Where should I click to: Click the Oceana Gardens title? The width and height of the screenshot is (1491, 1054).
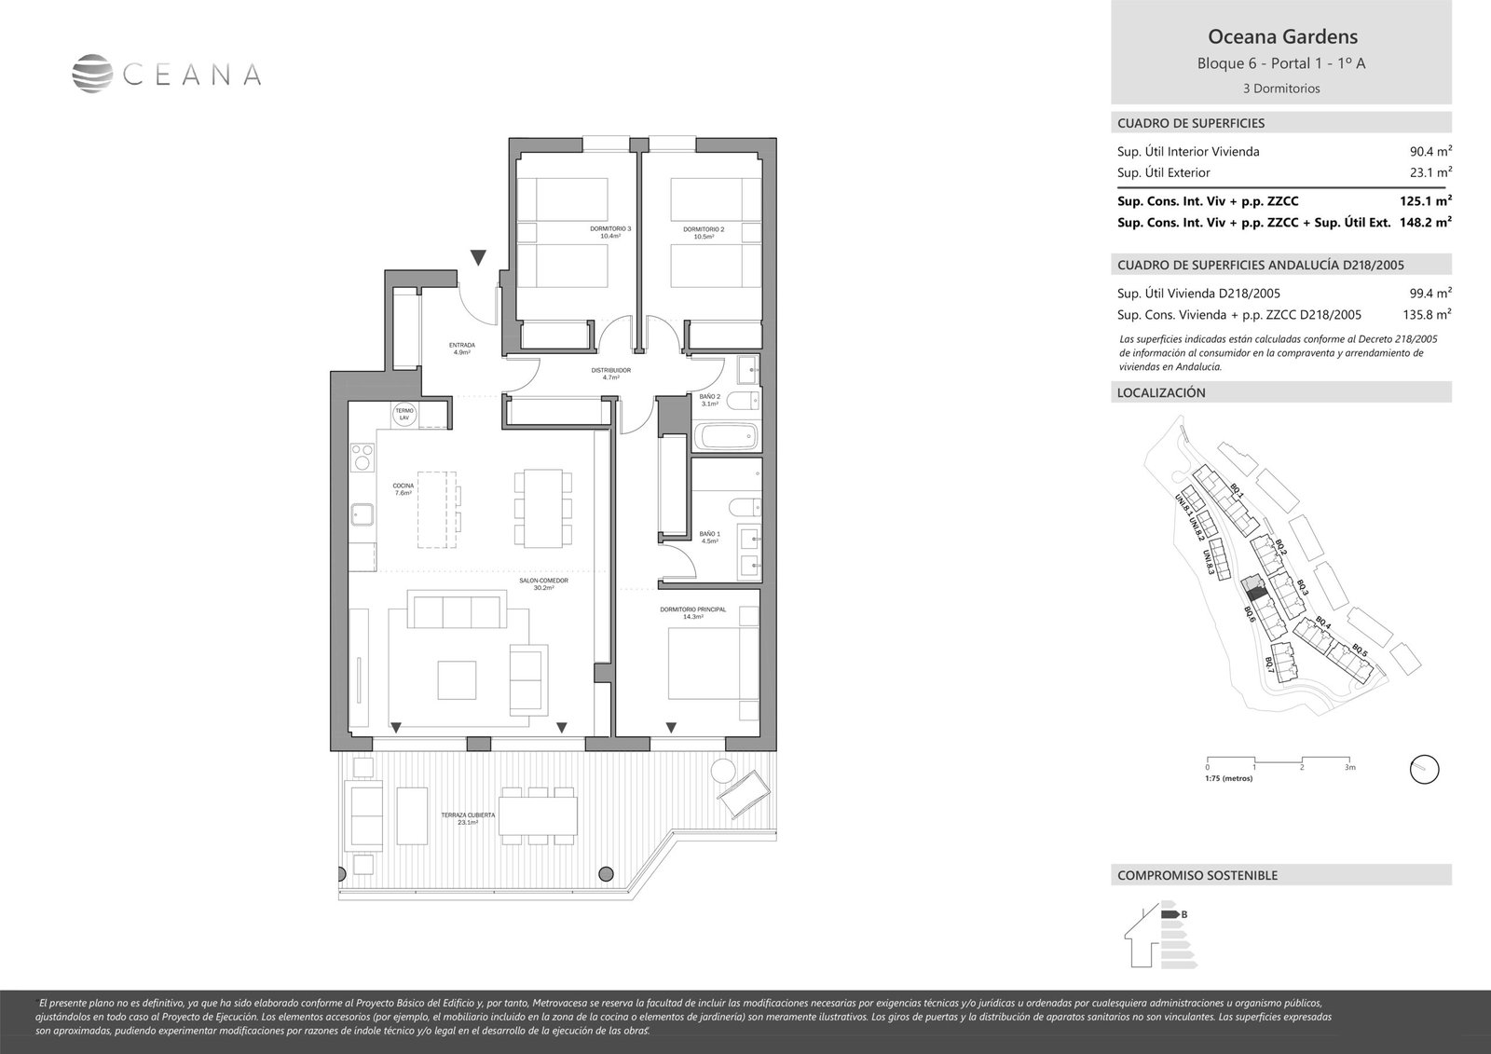tap(1281, 37)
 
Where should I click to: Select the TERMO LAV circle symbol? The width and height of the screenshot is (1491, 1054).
tap(404, 415)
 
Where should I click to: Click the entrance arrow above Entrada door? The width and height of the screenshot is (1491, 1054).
tap(478, 257)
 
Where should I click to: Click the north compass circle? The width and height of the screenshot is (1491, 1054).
tap(1425, 769)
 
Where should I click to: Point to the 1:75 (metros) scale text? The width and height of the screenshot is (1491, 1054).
tap(1228, 778)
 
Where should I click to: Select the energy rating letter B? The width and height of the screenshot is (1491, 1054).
tap(1183, 914)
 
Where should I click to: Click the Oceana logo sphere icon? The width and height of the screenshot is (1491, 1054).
tap(92, 75)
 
